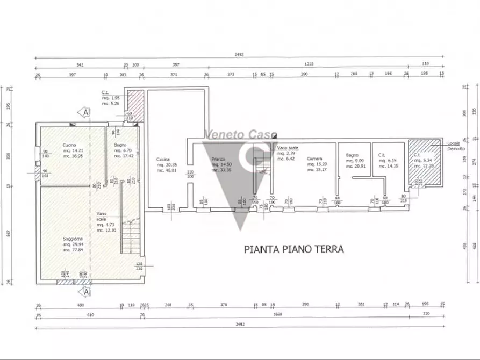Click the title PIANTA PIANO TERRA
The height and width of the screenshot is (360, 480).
(x=293, y=249)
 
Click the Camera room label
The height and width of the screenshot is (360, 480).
(x=314, y=159)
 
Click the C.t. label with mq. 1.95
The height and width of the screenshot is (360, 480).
(x=106, y=93)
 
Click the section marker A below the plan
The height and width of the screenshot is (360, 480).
(x=85, y=292)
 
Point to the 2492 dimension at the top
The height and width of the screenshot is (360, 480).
(x=240, y=54)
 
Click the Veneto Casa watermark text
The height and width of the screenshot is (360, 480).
(x=240, y=134)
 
